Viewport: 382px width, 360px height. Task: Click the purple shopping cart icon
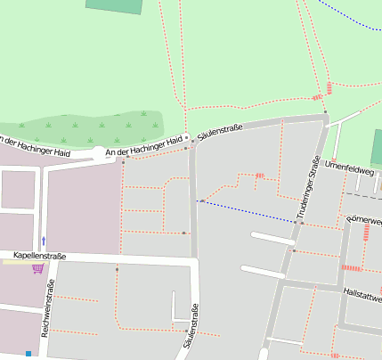tap(37, 268)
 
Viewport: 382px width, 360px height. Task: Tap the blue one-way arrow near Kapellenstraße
tap(43, 241)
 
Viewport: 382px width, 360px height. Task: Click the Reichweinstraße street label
tap(51, 304)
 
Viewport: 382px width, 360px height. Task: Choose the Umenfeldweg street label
tap(354, 165)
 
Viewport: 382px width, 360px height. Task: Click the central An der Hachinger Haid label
tap(144, 147)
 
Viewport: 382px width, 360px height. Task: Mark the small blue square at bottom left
tap(28, 354)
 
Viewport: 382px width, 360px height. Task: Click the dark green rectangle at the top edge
tap(115, 6)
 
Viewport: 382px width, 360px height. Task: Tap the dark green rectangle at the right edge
tap(377, 147)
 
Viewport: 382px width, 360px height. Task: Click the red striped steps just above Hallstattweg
tap(353, 267)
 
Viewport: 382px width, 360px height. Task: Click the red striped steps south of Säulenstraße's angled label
tap(260, 176)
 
